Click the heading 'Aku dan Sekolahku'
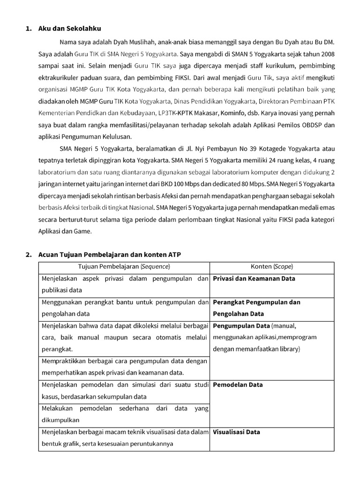tap(70, 29)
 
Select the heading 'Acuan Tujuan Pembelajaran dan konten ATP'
tap(109, 255)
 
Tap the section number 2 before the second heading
tap(27, 255)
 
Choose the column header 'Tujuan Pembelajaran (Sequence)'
tap(124, 267)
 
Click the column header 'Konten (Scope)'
tap(272, 267)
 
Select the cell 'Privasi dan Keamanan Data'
tap(254, 278)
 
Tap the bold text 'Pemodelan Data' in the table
tap(238, 385)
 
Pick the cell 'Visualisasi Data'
tap(236, 432)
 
